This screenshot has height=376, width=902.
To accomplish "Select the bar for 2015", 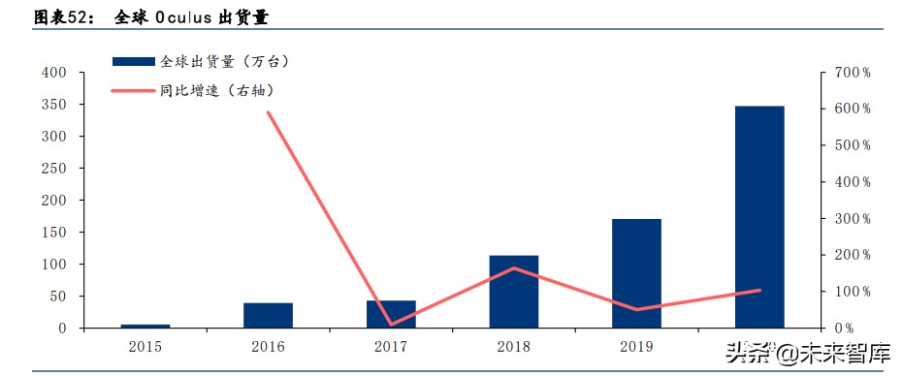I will point(145,326).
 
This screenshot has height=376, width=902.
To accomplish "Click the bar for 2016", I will point(268,315).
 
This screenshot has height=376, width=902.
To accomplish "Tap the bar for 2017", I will point(391,314).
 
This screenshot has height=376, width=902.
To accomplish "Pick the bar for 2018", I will point(513,292).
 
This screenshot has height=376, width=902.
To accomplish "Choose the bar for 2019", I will point(636,273).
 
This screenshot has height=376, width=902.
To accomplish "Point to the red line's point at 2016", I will point(268,112).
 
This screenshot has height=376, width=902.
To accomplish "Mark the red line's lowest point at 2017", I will point(391,325).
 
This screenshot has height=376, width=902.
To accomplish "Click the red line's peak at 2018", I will point(513,267).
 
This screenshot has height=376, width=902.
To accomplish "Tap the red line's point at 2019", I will point(636,310).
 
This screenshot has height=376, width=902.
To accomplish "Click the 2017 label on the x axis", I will point(391,345).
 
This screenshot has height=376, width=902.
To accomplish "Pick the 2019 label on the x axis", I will point(636,345).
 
